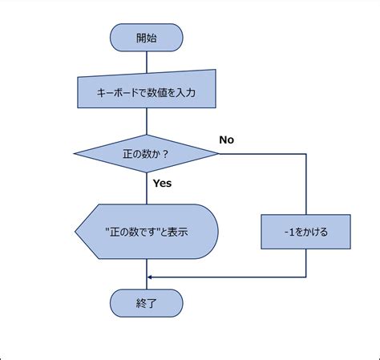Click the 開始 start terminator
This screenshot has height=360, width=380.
click(147, 37)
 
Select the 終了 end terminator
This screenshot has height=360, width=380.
click(147, 303)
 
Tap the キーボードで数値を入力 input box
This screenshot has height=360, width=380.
click(147, 93)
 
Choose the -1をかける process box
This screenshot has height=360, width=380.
click(306, 232)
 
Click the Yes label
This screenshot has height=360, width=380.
click(162, 183)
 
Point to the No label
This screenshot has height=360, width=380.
click(226, 140)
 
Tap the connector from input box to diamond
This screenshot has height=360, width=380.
click(147, 122)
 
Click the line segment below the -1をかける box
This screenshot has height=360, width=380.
click(306, 263)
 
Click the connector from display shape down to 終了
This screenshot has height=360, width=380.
click(147, 274)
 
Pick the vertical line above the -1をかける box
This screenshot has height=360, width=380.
click(306, 184)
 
